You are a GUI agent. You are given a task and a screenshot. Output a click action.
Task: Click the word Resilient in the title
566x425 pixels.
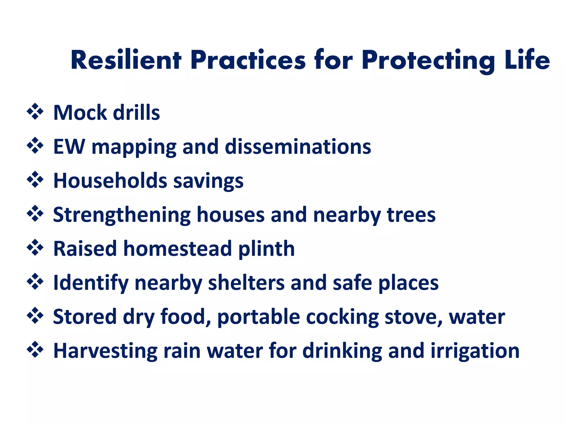point(126,60)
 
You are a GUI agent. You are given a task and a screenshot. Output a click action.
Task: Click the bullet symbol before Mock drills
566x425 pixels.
point(35,112)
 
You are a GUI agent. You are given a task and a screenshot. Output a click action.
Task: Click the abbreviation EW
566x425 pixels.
point(69,147)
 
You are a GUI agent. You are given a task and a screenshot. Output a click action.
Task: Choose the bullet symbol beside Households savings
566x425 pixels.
point(35,180)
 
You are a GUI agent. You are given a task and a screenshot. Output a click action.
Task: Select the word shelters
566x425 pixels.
point(246,283)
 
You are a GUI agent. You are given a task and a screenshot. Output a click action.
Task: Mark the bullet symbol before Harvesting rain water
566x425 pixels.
point(35,350)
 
